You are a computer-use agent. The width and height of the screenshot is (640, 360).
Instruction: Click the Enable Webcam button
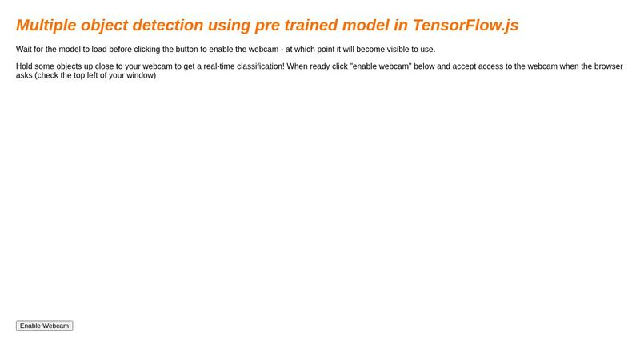pyautogui.click(x=44, y=326)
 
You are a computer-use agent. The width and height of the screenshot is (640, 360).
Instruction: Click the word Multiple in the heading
pyautogui.click(x=46, y=25)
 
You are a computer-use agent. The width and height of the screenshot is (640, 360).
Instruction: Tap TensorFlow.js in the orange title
pyautogui.click(x=466, y=25)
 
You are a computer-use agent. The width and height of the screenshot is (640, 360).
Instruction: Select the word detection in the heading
pyautogui.click(x=164, y=25)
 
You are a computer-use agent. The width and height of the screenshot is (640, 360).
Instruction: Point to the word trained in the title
pyautogui.click(x=318, y=25)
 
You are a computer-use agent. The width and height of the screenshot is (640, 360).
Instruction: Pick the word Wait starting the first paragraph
pyautogui.click(x=24, y=50)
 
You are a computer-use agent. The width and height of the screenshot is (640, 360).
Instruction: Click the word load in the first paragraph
pyautogui.click(x=99, y=50)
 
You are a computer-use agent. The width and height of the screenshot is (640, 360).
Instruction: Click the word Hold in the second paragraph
pyautogui.click(x=25, y=66)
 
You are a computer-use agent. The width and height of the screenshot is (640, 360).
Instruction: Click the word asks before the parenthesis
pyautogui.click(x=24, y=76)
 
